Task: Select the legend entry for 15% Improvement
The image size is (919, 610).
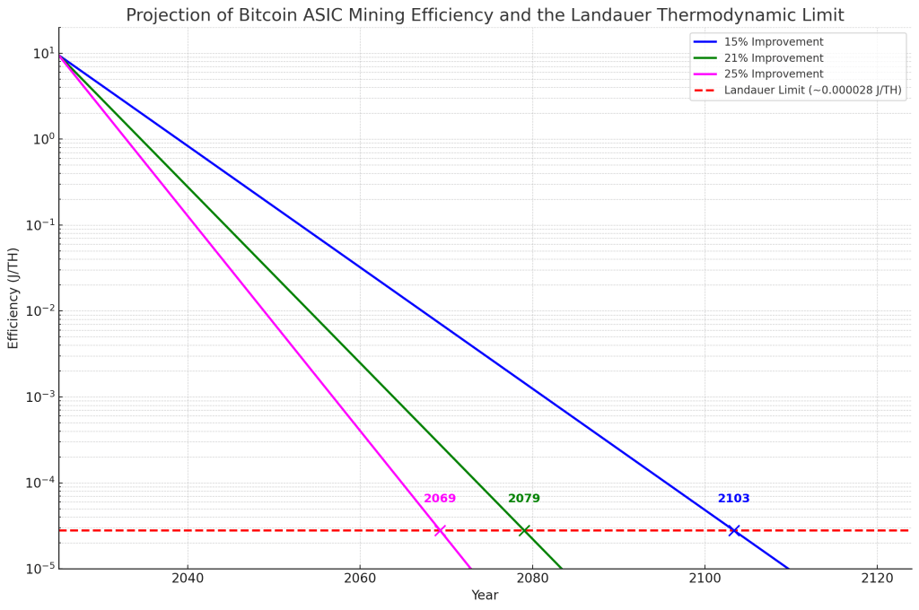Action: click(773, 42)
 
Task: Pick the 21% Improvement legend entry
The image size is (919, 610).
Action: click(773, 58)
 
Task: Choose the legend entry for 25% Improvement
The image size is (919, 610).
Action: click(773, 74)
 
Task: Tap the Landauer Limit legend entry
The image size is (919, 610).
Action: click(812, 91)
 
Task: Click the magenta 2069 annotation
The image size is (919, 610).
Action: click(440, 499)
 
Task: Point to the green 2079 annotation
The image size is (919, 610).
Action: click(524, 499)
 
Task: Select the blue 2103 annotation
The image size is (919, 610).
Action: click(733, 499)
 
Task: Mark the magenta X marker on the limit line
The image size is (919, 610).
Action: click(440, 530)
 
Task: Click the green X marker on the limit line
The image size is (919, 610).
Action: click(525, 530)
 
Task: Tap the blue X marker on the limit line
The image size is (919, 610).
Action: click(734, 530)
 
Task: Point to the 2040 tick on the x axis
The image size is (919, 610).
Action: click(188, 579)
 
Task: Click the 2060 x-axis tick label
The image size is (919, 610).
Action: click(360, 579)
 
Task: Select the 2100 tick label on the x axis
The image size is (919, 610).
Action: click(705, 579)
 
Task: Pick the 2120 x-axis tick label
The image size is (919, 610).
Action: click(877, 579)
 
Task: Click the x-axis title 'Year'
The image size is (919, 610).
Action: click(485, 596)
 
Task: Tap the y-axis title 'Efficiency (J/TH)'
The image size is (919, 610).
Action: click(13, 298)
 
